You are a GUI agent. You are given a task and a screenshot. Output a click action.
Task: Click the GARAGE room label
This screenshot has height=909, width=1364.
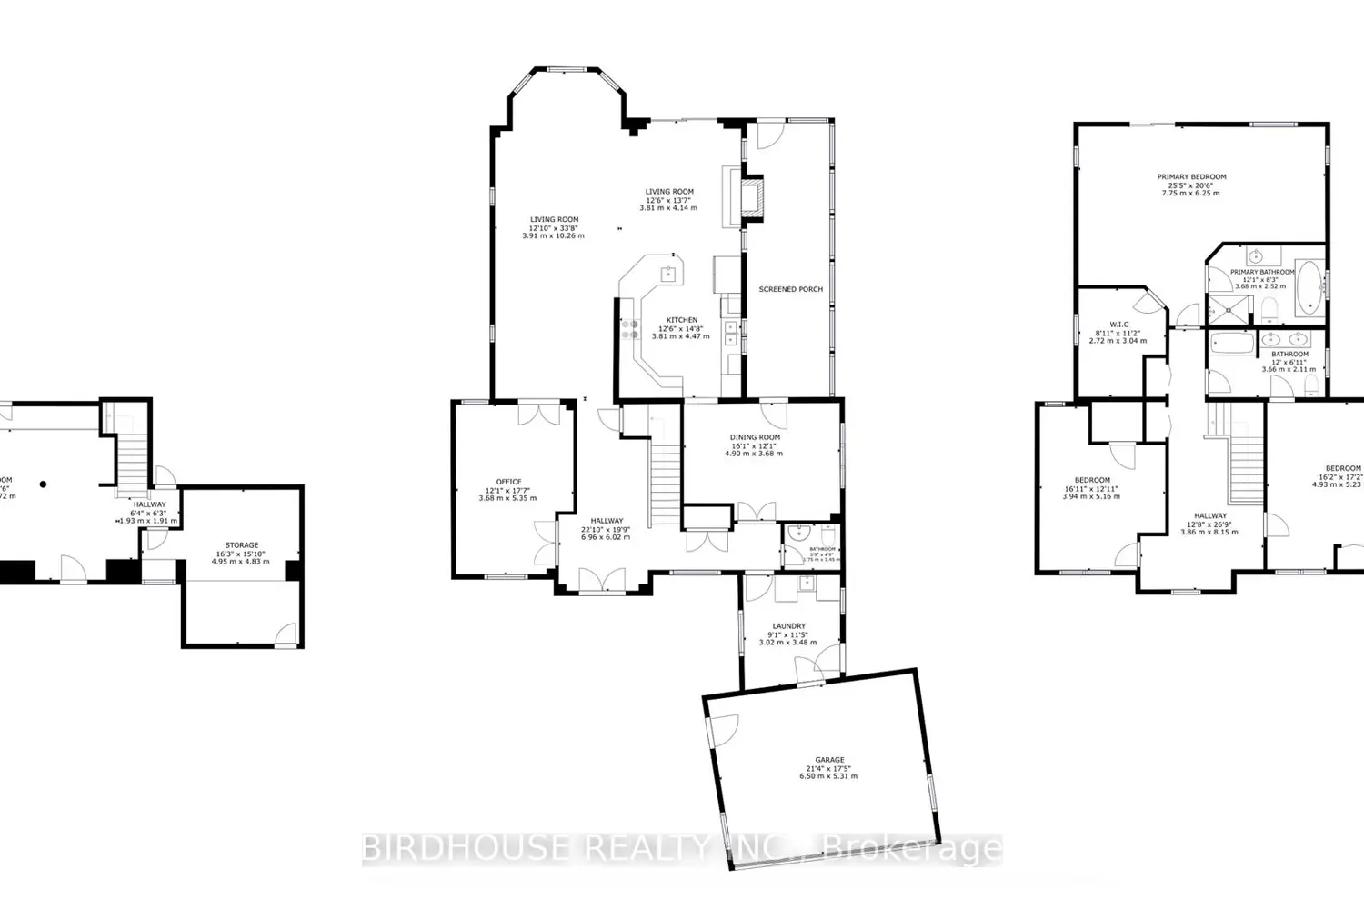pyautogui.click(x=829, y=760)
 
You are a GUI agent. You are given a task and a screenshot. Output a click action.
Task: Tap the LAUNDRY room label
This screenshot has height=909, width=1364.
pyautogui.click(x=788, y=626)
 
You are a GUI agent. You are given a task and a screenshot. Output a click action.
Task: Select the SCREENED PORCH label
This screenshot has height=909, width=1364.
pyautogui.click(x=790, y=289)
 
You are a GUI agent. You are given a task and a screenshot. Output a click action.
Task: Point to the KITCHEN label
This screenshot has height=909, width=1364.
pyautogui.click(x=681, y=320)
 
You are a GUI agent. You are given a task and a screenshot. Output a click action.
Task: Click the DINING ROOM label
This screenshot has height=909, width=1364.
pyautogui.click(x=755, y=437)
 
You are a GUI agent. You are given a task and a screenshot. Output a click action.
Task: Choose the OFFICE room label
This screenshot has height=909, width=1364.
pyautogui.click(x=508, y=482)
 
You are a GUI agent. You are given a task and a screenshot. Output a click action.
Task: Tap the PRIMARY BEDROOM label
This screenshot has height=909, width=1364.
pyautogui.click(x=1191, y=177)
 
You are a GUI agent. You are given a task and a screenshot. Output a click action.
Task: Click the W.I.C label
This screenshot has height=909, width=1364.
pyautogui.click(x=1118, y=325)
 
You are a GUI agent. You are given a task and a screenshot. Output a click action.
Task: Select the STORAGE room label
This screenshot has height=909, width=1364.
pyautogui.click(x=242, y=545)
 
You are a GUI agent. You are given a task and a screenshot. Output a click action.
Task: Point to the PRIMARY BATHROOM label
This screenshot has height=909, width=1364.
pyautogui.click(x=1262, y=272)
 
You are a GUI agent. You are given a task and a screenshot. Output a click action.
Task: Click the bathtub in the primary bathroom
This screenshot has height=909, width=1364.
pyautogui.click(x=1309, y=287)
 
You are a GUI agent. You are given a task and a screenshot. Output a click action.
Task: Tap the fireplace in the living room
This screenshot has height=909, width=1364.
pyautogui.click(x=750, y=198)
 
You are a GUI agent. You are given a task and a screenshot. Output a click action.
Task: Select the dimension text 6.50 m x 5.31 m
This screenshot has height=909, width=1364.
pyautogui.click(x=828, y=776)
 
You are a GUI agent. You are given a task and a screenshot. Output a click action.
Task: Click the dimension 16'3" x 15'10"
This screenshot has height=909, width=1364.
pyautogui.click(x=242, y=554)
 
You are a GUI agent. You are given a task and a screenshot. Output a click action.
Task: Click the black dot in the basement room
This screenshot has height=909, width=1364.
pyautogui.click(x=43, y=484)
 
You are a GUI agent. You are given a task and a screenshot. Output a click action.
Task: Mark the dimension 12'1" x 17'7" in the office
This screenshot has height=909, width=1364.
pyautogui.click(x=508, y=490)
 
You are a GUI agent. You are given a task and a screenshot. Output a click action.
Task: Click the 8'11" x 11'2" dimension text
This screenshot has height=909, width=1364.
pyautogui.click(x=1118, y=333)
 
